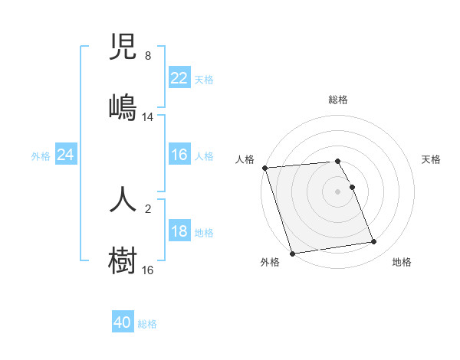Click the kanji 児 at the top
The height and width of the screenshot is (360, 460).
[123, 48]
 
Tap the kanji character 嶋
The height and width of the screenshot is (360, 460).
[123, 106]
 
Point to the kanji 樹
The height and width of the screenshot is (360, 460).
[123, 259]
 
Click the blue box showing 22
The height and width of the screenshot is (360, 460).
[179, 78]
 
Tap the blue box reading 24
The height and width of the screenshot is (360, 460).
[66, 155]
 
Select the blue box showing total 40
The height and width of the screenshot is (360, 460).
[123, 323]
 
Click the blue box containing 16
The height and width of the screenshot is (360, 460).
[179, 155]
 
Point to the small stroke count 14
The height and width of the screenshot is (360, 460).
[148, 117]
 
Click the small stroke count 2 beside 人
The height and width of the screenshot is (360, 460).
[148, 208]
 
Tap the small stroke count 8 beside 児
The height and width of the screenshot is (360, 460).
[148, 56]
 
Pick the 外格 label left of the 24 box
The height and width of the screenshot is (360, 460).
[41, 155]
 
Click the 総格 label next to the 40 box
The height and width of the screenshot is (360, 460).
[147, 324]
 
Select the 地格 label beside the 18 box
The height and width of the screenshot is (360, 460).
[204, 233]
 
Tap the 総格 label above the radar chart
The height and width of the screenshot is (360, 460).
[338, 100]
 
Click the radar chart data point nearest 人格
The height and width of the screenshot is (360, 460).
[264, 168]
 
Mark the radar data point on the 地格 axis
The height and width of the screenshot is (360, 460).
[373, 242]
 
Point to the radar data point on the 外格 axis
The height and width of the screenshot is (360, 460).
[292, 253]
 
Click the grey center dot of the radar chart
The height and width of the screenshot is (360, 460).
[338, 191]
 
